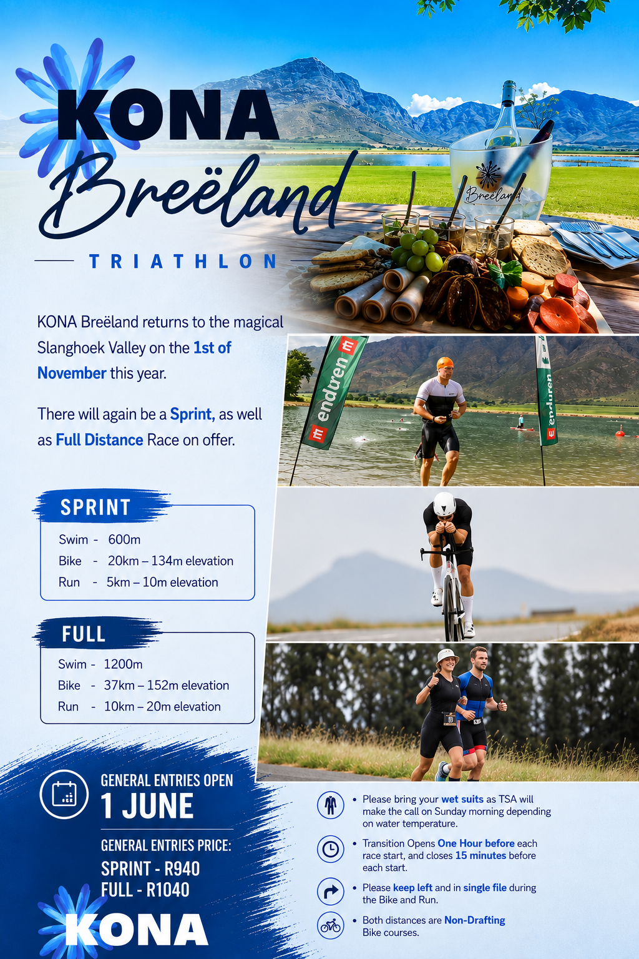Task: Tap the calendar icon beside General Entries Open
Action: (x=64, y=794)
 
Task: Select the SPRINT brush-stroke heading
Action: (x=95, y=507)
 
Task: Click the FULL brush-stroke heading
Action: (x=84, y=634)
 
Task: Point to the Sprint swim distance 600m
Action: (x=124, y=539)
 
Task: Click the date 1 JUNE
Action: (x=147, y=806)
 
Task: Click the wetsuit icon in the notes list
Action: (x=330, y=805)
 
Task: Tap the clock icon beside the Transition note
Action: (x=330, y=849)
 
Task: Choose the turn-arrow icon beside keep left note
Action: (x=330, y=892)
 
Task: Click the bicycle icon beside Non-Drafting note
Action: (x=330, y=926)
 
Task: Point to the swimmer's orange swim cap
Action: (x=445, y=363)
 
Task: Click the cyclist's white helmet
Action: (x=444, y=504)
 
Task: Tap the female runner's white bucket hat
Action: (x=447, y=657)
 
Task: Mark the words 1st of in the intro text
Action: (x=212, y=348)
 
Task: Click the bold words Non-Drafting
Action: (x=475, y=920)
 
